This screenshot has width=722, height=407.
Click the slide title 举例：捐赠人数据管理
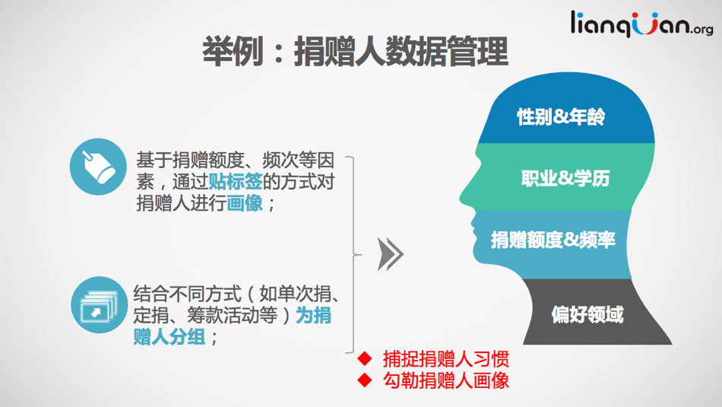click(355, 52)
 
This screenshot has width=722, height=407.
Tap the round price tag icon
click(98, 167)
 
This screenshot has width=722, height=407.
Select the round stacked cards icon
click(99, 304)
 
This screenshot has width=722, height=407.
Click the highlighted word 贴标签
click(236, 182)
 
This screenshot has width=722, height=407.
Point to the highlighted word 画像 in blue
click(245, 203)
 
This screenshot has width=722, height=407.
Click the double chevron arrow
click(391, 254)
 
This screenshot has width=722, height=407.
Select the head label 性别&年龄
click(561, 116)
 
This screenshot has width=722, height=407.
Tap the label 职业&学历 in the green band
click(565, 178)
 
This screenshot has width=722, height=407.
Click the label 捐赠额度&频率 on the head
click(553, 240)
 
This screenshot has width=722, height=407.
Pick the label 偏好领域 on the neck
click(587, 315)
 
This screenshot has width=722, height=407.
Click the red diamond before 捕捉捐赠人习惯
click(365, 358)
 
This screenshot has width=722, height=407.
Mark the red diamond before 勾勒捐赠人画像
click(365, 380)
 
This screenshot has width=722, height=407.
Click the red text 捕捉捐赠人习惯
click(445, 358)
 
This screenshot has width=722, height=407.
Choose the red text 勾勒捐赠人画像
click(445, 380)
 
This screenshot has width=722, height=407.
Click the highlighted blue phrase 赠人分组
click(169, 337)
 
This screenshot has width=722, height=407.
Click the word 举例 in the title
click(233, 52)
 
